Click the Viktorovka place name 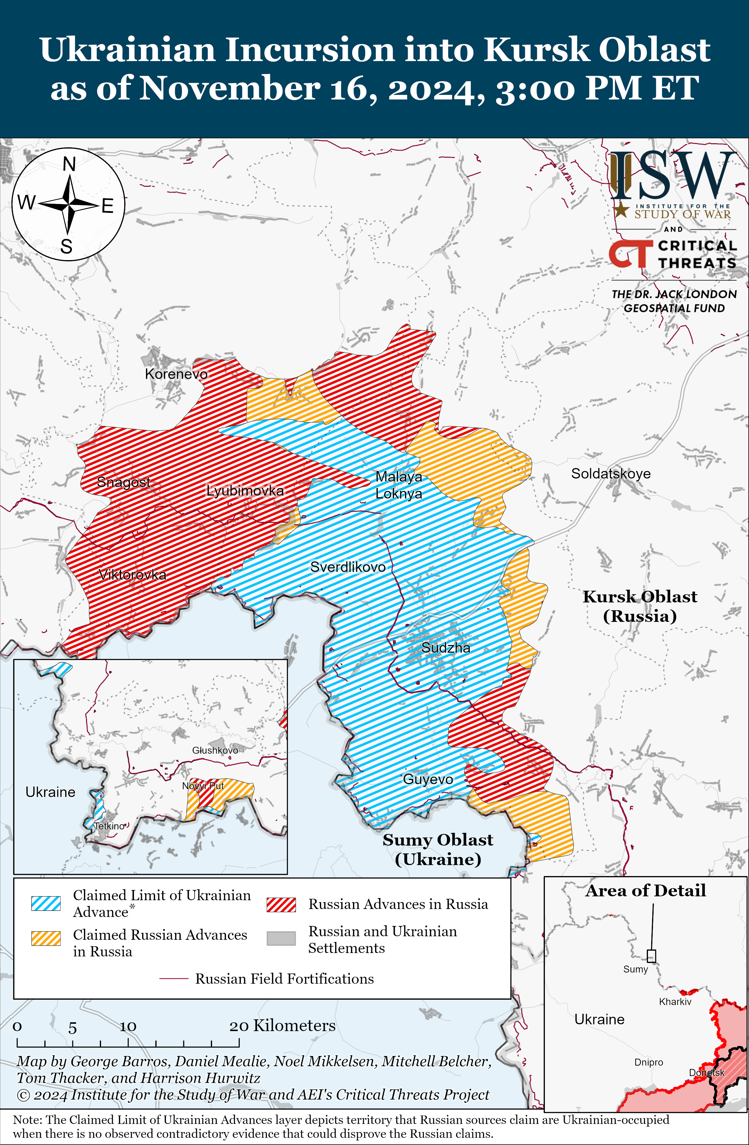(x=132, y=575)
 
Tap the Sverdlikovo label (x=347, y=567)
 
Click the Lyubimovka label (x=245, y=491)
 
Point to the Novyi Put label (x=203, y=786)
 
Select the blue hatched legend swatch (x=46, y=903)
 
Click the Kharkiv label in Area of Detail (x=675, y=1002)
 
